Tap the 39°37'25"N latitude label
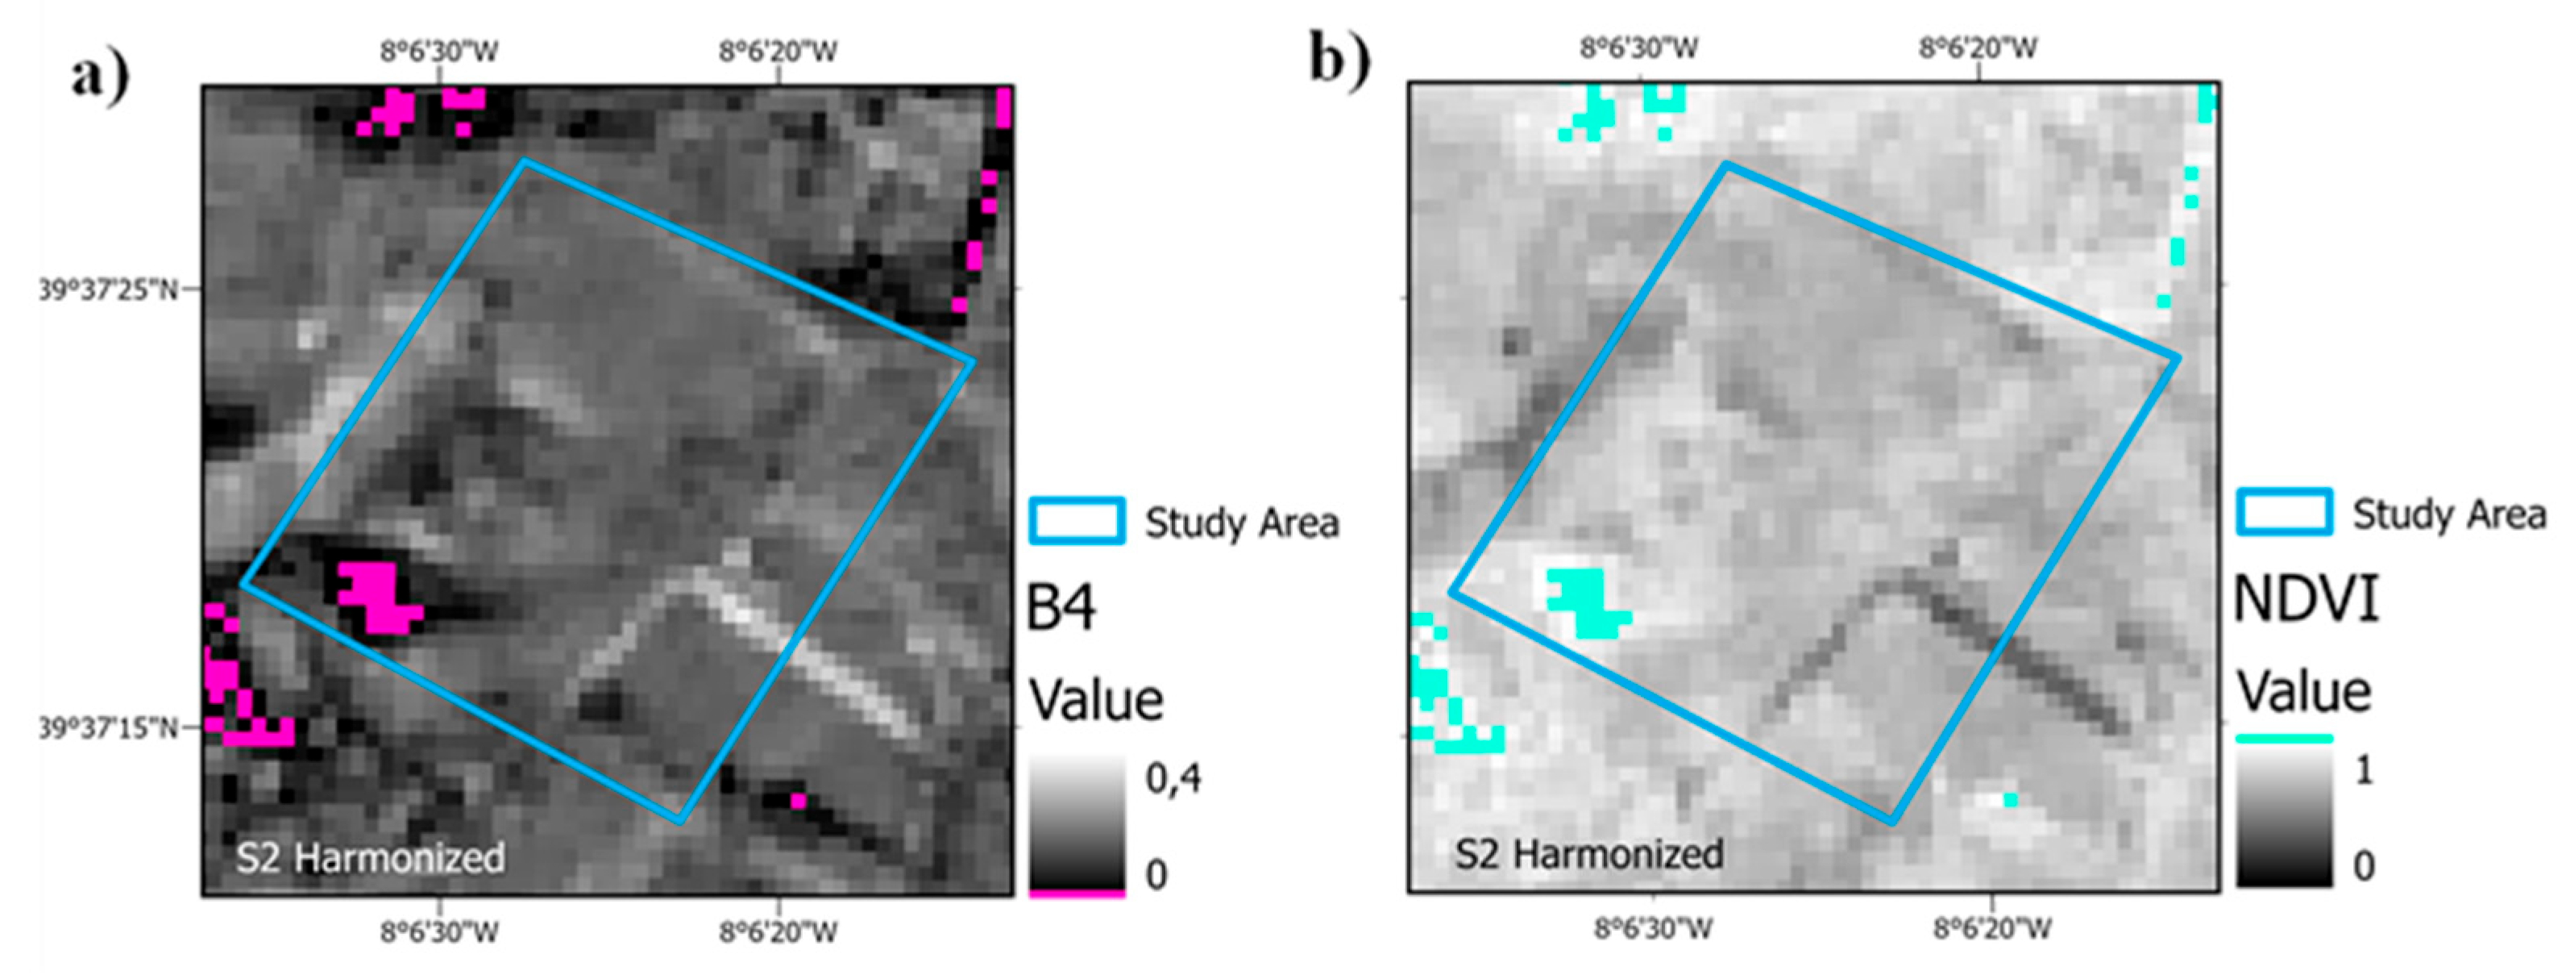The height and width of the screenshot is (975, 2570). coord(108,290)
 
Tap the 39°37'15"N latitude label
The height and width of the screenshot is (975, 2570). coord(108,728)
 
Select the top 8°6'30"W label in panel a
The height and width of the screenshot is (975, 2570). coord(439,51)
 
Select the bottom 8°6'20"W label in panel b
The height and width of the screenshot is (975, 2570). coord(1992,929)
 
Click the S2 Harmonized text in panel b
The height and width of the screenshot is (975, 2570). coord(1588,854)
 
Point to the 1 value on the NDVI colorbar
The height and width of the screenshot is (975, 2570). coord(2364,769)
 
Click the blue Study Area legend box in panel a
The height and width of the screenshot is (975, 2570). coord(1077,521)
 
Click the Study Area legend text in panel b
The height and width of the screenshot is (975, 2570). coord(2449,514)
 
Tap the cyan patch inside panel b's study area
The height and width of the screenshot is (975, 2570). coord(1586,602)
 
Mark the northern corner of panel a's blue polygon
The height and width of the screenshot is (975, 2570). coord(524,160)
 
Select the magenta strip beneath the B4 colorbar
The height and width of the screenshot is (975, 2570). coord(1077,894)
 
